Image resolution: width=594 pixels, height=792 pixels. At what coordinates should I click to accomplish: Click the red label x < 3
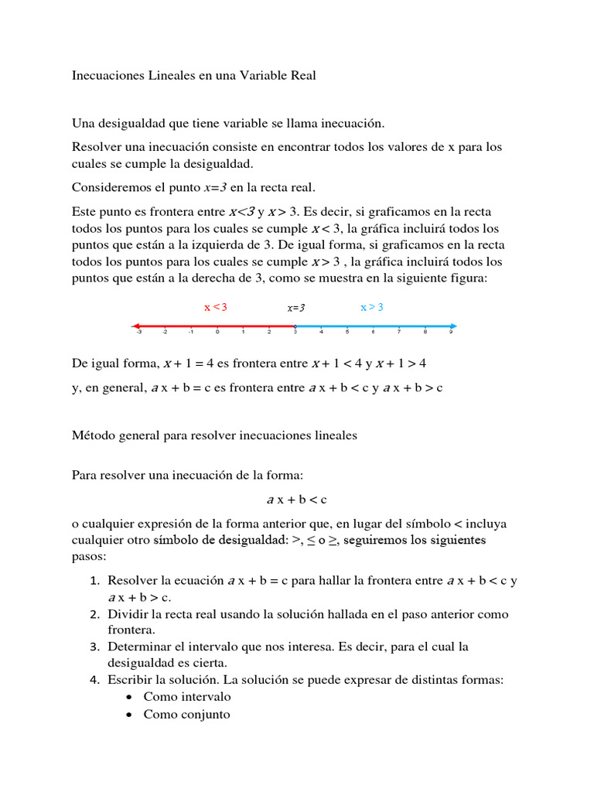point(215,307)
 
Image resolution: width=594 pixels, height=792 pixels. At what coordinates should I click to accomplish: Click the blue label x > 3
point(371,307)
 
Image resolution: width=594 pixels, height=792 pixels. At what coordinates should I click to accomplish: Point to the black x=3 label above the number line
point(295,308)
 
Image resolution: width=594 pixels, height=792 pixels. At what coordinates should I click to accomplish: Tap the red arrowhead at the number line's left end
point(135,326)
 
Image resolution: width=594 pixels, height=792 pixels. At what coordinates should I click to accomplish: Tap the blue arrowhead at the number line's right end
point(453,326)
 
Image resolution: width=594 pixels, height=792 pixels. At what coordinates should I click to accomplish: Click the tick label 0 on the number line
point(217,333)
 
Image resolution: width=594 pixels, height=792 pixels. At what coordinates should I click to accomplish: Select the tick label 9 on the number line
point(451,333)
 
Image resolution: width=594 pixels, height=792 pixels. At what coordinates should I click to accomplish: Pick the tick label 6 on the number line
point(373,333)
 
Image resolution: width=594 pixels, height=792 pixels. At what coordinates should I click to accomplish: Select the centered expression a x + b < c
point(296,499)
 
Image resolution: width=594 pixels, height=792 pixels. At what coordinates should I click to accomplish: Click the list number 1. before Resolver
point(94,581)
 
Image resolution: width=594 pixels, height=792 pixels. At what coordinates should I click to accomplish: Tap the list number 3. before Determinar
point(94,647)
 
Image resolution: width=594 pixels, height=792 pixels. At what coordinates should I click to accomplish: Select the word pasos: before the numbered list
point(89,556)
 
